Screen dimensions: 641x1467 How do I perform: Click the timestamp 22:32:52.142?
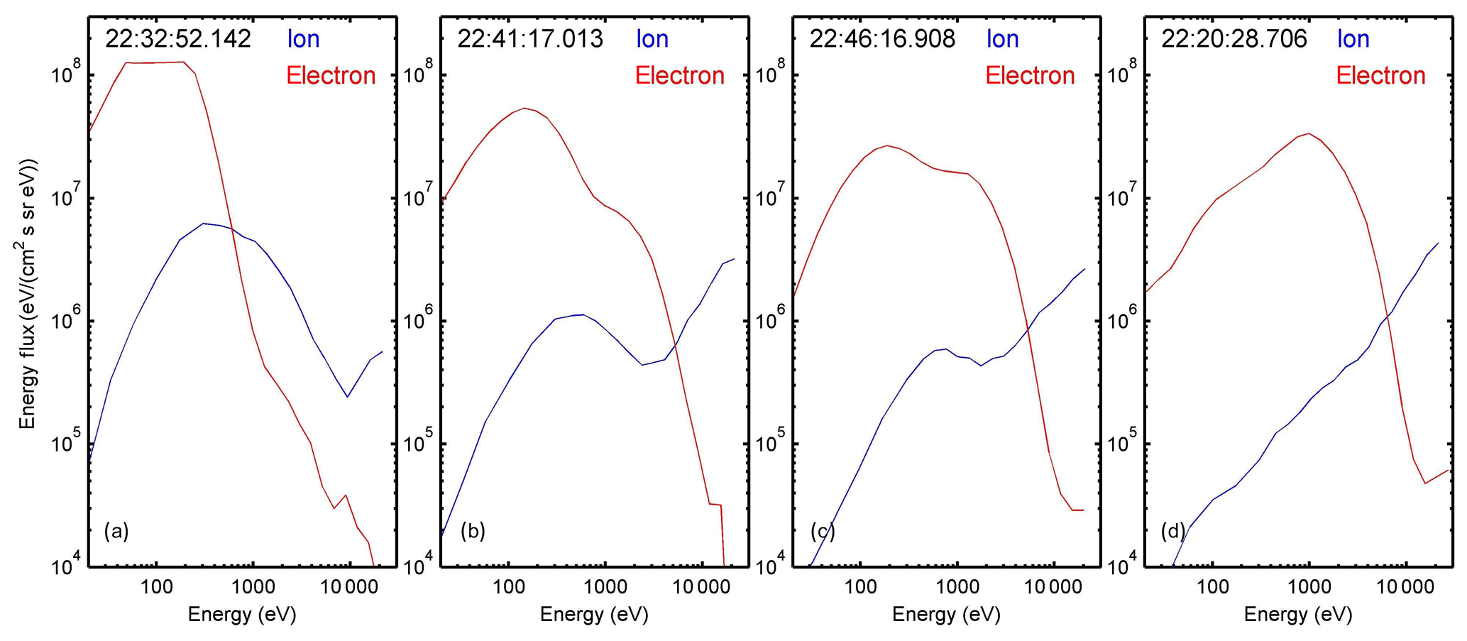[178, 39]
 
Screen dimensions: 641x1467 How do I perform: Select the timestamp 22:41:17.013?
[530, 39]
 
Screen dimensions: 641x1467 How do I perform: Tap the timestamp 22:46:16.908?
[882, 39]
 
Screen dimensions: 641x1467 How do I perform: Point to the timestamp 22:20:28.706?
[1234, 39]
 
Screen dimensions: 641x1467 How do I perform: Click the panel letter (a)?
[116, 531]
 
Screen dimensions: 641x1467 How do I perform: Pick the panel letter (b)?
[473, 531]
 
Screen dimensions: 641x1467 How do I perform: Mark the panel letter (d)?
[1173, 531]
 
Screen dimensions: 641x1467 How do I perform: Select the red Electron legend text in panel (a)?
[331, 76]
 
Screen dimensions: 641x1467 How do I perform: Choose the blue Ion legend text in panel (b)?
[652, 39]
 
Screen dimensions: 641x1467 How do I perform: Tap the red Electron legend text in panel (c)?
[1030, 76]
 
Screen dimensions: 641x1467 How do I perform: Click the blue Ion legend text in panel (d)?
[1353, 39]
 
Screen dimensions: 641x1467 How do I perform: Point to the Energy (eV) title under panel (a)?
[242, 615]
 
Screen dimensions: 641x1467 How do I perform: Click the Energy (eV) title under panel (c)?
[947, 615]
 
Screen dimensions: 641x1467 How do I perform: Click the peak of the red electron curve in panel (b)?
[524, 109]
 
